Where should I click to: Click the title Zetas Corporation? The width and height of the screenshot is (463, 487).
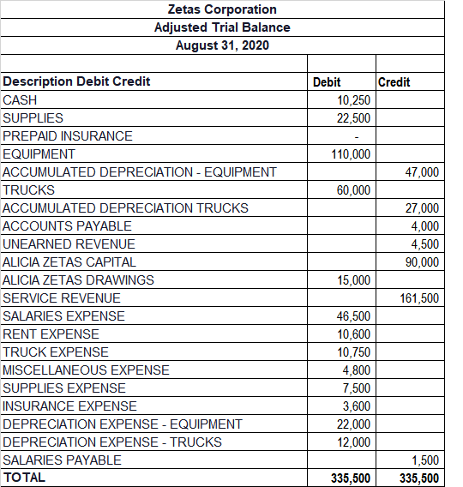[x=222, y=9]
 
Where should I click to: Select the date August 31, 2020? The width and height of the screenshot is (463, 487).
[x=222, y=45]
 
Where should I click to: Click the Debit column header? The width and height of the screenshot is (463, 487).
[x=327, y=82]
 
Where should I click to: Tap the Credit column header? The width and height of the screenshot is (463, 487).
[x=394, y=82]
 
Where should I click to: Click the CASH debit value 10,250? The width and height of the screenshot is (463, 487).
[x=354, y=100]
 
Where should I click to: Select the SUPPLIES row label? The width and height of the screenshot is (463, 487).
[x=33, y=118]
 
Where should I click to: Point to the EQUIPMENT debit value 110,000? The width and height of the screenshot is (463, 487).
[x=351, y=154]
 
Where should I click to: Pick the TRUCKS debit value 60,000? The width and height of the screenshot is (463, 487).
[x=354, y=190]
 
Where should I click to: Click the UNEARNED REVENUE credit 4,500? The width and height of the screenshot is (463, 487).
[x=425, y=244]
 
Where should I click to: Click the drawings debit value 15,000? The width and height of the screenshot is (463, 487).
[x=354, y=280]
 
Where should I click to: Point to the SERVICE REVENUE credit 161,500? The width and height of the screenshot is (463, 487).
[x=419, y=298]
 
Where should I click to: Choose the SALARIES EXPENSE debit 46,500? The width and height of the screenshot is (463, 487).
[x=354, y=316]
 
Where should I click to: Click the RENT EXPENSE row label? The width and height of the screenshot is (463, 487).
[x=51, y=334]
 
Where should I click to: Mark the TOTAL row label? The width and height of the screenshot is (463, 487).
[x=25, y=478]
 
